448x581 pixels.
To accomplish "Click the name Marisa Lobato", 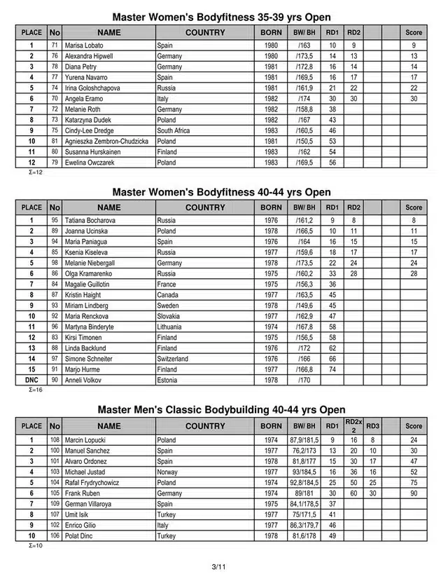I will click(x=85, y=45).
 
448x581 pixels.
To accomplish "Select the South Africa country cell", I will click(x=174, y=130).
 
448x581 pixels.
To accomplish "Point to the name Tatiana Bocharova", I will click(x=90, y=220).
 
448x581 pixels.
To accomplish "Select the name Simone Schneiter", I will click(x=89, y=359).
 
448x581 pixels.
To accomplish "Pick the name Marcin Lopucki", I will click(x=86, y=440).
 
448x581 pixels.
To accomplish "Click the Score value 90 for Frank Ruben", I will click(x=414, y=493).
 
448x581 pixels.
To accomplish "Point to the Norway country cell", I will click(x=168, y=472).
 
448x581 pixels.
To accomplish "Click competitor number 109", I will click(x=55, y=504).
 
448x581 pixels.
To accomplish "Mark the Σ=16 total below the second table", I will click(x=36, y=390).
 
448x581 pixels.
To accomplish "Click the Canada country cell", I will click(x=169, y=295).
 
